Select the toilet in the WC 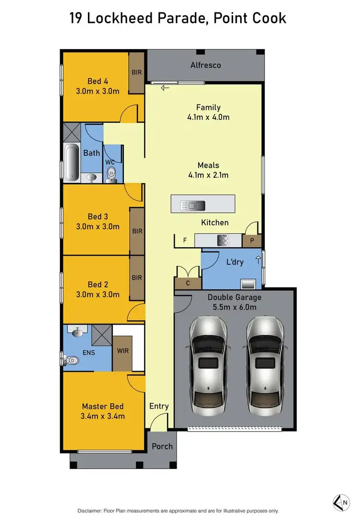111,174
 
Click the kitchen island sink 192,206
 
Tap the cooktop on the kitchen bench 223,240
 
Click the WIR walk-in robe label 122,351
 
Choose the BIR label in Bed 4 136,72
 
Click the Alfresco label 205,65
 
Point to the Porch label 162,446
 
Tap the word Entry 159,406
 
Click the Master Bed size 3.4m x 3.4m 103,416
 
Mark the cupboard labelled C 188,283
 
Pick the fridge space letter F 185,240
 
